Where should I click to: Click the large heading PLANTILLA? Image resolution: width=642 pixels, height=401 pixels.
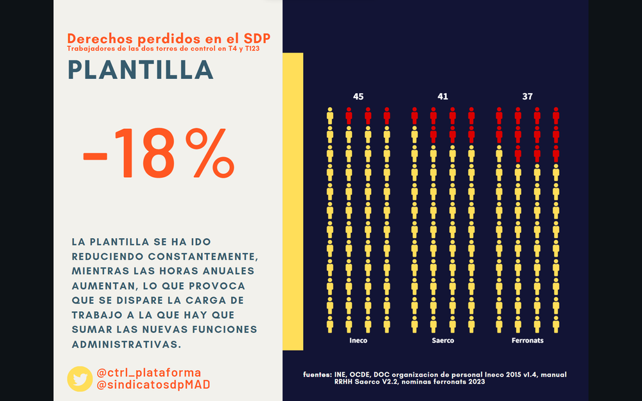point(140,70)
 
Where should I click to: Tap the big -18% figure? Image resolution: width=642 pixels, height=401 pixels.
point(158,154)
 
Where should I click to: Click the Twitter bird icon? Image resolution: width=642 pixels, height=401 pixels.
point(80,379)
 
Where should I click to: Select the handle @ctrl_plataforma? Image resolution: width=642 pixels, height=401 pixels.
point(148,373)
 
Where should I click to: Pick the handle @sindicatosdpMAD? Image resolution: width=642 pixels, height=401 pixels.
point(153,384)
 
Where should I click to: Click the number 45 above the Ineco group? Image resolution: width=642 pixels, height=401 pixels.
point(358,96)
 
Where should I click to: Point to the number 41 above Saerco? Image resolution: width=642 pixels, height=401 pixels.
point(443,96)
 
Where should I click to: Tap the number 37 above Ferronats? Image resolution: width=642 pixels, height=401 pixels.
point(527,96)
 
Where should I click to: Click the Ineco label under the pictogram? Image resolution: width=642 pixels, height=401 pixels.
point(358,341)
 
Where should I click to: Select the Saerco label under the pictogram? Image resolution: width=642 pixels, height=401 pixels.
point(443,341)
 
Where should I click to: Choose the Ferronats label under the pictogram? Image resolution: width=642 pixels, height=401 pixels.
point(527,341)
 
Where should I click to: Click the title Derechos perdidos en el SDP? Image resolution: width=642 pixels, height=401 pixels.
point(169,38)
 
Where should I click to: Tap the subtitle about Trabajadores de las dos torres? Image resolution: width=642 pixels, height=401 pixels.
point(163,48)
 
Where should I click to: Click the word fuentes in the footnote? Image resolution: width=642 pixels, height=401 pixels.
point(317,374)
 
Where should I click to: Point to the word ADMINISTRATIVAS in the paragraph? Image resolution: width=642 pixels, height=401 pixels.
point(126,344)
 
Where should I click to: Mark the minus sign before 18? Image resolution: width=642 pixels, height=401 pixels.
point(96,155)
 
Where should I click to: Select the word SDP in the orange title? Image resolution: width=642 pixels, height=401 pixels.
point(257,38)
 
